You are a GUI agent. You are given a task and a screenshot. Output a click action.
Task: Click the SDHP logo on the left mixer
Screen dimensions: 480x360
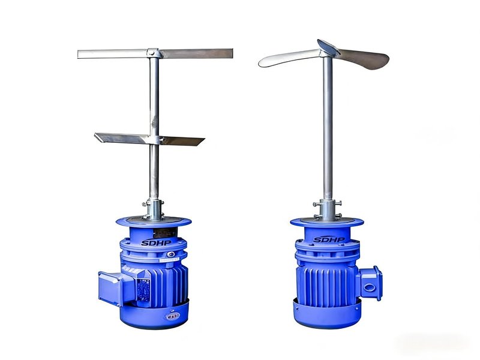pyautogui.click(x=156, y=243)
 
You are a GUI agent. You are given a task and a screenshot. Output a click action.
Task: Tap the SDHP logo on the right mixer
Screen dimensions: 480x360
pyautogui.click(x=329, y=239)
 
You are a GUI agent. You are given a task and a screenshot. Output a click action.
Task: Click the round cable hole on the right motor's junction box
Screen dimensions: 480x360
pyautogui.click(x=368, y=287)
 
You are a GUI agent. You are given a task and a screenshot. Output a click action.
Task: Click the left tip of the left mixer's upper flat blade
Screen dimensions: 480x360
pyautogui.click(x=78, y=55)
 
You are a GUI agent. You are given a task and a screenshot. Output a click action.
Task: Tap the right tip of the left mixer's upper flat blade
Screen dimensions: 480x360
pyautogui.click(x=232, y=53)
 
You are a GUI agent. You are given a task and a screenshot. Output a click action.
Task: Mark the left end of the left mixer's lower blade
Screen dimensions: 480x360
pyautogui.click(x=95, y=134)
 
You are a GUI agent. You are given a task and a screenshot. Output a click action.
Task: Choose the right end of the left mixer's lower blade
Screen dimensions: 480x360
pyautogui.click(x=204, y=140)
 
